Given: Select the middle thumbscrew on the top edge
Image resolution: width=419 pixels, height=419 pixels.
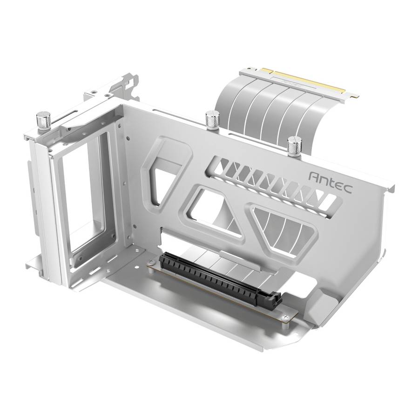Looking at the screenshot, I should (x=212, y=120).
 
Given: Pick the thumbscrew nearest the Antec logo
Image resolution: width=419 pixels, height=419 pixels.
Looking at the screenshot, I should (x=294, y=146).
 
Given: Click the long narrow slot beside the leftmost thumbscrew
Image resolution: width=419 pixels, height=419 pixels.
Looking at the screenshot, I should (x=70, y=119).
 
